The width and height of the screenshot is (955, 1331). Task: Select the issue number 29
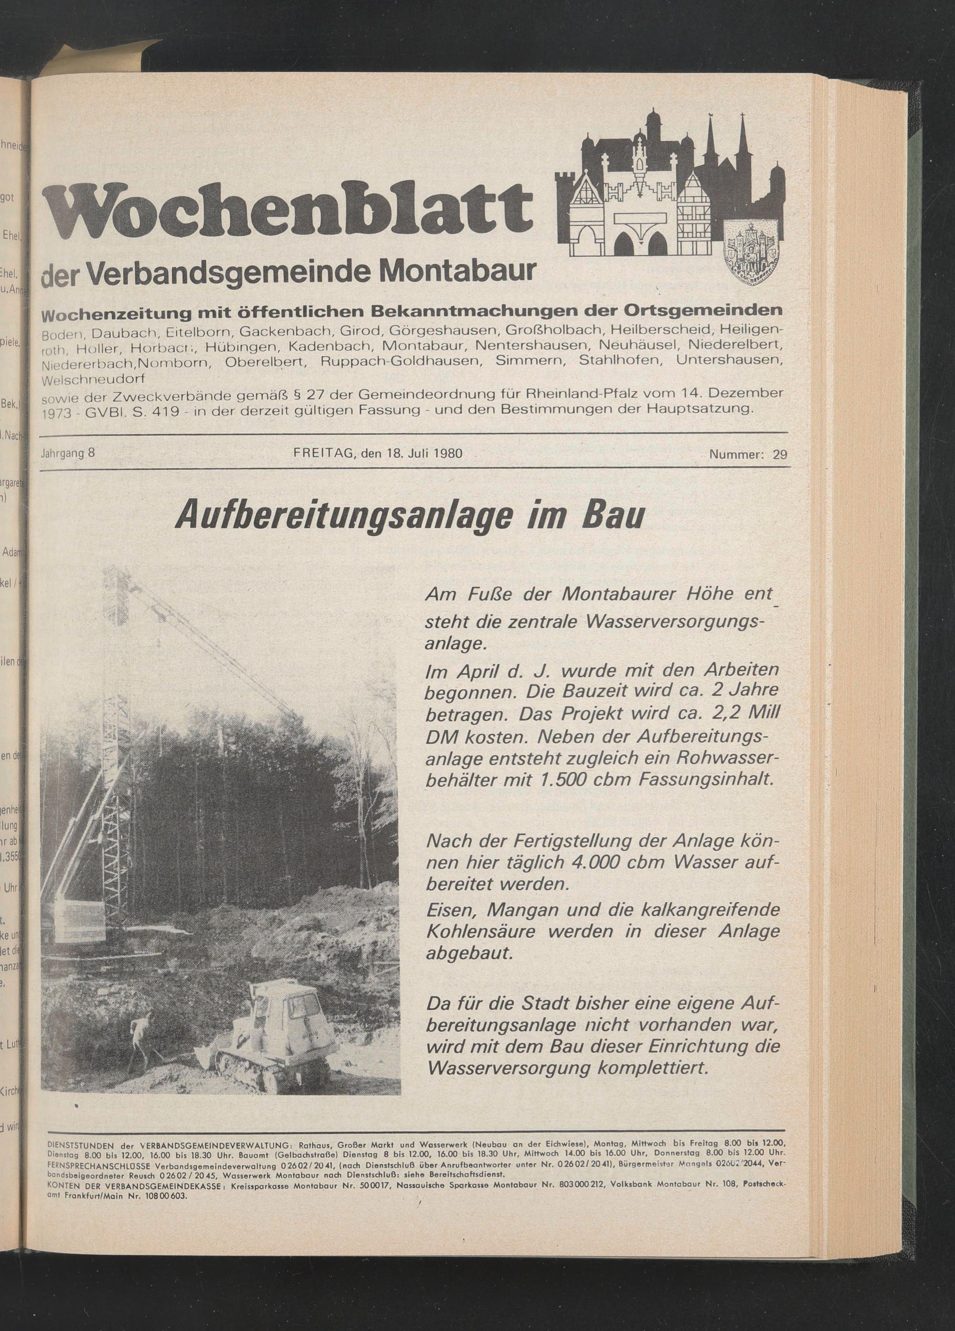click(780, 454)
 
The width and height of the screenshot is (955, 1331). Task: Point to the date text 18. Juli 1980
click(424, 454)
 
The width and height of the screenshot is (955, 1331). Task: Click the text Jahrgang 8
click(68, 454)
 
